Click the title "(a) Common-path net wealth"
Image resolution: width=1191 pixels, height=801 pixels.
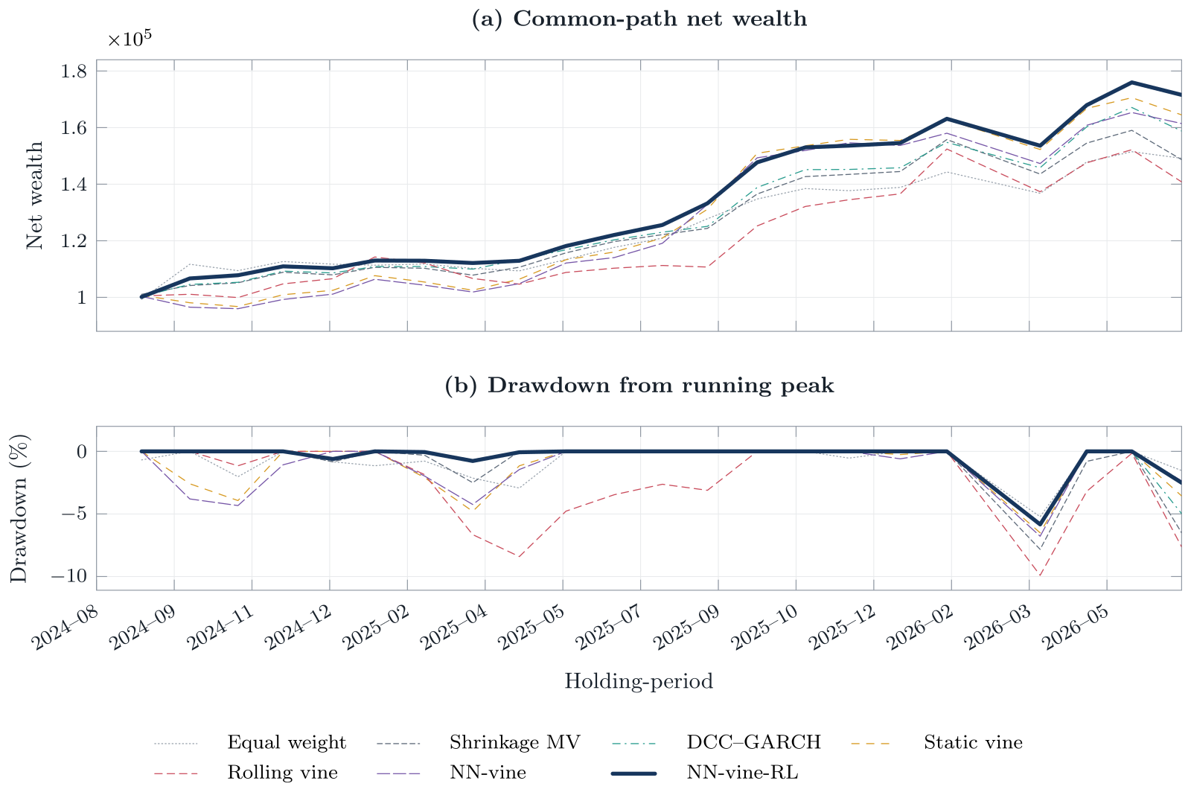639,19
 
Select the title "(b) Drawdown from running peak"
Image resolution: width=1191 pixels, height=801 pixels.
639,386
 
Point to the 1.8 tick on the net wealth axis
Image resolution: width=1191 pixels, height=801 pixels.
74,71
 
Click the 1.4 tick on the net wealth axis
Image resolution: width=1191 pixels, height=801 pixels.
74,185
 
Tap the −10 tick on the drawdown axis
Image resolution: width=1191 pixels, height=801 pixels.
68,576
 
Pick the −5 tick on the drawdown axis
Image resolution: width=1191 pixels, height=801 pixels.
74,514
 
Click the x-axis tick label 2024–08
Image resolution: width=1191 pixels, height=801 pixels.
65,628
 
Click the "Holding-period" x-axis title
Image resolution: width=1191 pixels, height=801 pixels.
639,681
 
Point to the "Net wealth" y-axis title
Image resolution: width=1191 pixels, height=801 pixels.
34,195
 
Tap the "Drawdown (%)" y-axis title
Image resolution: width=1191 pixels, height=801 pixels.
19,508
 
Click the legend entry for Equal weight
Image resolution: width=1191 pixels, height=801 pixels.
250,742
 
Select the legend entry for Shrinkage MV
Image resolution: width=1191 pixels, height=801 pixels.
478,742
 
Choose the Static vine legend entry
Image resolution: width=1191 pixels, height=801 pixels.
936,742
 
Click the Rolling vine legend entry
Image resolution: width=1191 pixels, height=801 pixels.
246,772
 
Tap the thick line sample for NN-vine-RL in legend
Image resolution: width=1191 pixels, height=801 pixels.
633,773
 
